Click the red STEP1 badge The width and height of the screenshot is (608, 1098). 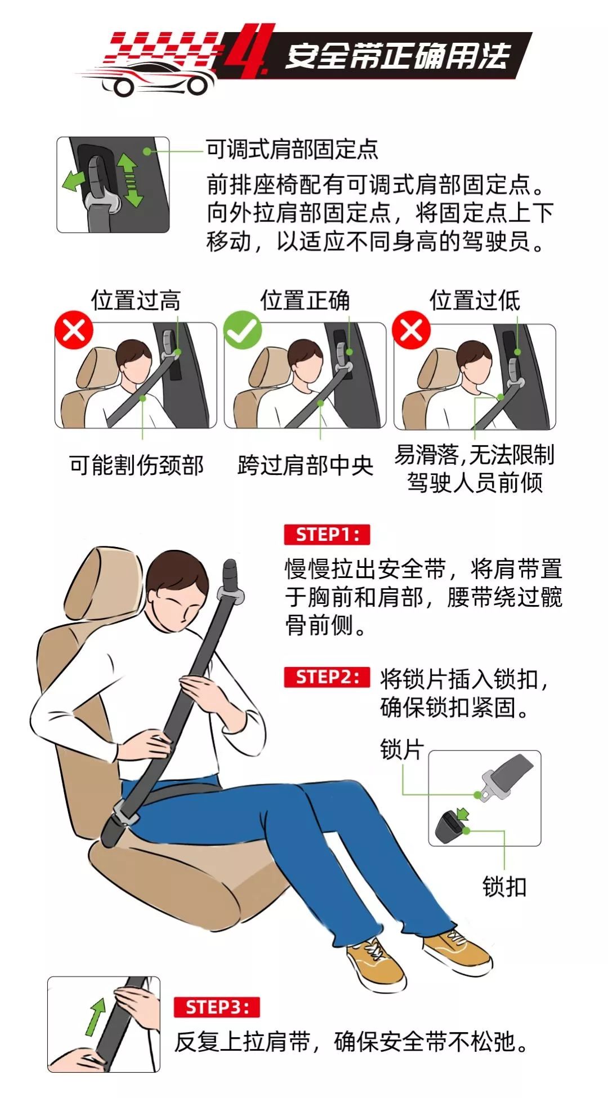click(x=327, y=534)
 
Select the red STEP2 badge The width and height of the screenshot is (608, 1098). click(x=327, y=677)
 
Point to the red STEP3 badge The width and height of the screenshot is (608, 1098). click(x=217, y=1007)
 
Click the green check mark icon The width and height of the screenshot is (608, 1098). click(x=243, y=330)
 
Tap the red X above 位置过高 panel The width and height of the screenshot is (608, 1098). click(x=74, y=330)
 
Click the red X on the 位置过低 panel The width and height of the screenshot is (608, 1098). click(x=412, y=330)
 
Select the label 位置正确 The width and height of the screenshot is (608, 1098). click(x=305, y=300)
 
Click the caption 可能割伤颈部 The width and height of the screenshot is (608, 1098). click(x=136, y=465)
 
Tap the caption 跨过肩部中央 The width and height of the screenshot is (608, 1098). click(x=305, y=465)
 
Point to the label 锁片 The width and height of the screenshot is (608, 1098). click(x=401, y=749)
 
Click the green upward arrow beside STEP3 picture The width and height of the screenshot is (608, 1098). click(x=96, y=1017)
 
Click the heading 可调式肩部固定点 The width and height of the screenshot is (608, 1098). click(x=292, y=149)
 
